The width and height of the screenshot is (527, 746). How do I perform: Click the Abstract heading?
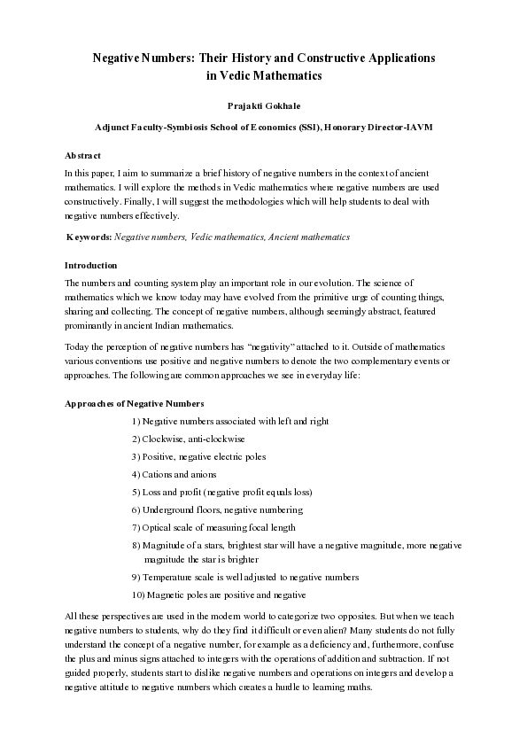coord(83,155)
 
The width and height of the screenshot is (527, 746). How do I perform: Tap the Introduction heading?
coord(91,266)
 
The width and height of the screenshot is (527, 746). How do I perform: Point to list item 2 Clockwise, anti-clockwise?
coord(189,439)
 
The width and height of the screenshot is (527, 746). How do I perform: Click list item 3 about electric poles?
coord(198,457)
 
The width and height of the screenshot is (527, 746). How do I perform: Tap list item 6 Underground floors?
coord(217,509)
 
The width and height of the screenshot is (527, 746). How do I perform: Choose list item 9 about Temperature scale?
coord(244,577)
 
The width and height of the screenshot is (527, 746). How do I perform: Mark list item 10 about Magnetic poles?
coord(218,594)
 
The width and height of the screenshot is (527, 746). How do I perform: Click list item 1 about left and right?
coord(230,422)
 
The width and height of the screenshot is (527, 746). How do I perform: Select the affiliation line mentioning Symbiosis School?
coord(263,128)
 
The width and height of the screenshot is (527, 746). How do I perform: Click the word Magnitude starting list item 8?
coord(165,545)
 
